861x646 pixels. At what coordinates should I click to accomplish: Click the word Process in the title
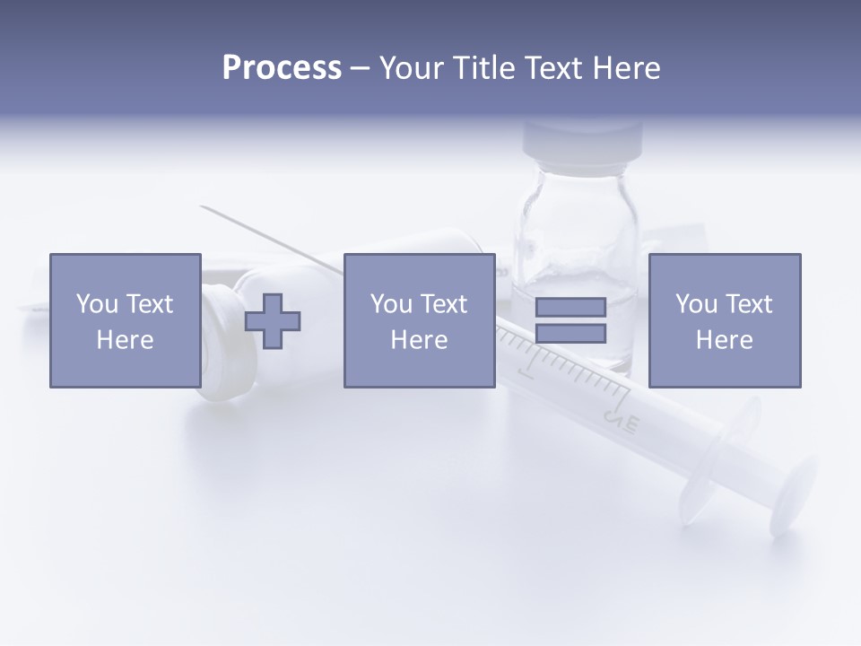coord(282,68)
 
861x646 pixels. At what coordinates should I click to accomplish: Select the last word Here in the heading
coord(625,68)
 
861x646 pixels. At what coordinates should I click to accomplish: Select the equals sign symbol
coord(570,320)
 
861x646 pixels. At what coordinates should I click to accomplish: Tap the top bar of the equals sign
coord(570,308)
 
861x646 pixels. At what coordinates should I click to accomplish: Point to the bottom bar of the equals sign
coord(570,333)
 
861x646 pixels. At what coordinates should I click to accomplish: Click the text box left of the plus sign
coord(125,320)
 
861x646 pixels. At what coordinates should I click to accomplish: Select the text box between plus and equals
coord(419,320)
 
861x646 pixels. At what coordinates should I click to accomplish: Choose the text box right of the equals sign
coord(724,320)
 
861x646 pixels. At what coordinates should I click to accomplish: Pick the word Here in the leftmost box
coord(125,340)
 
